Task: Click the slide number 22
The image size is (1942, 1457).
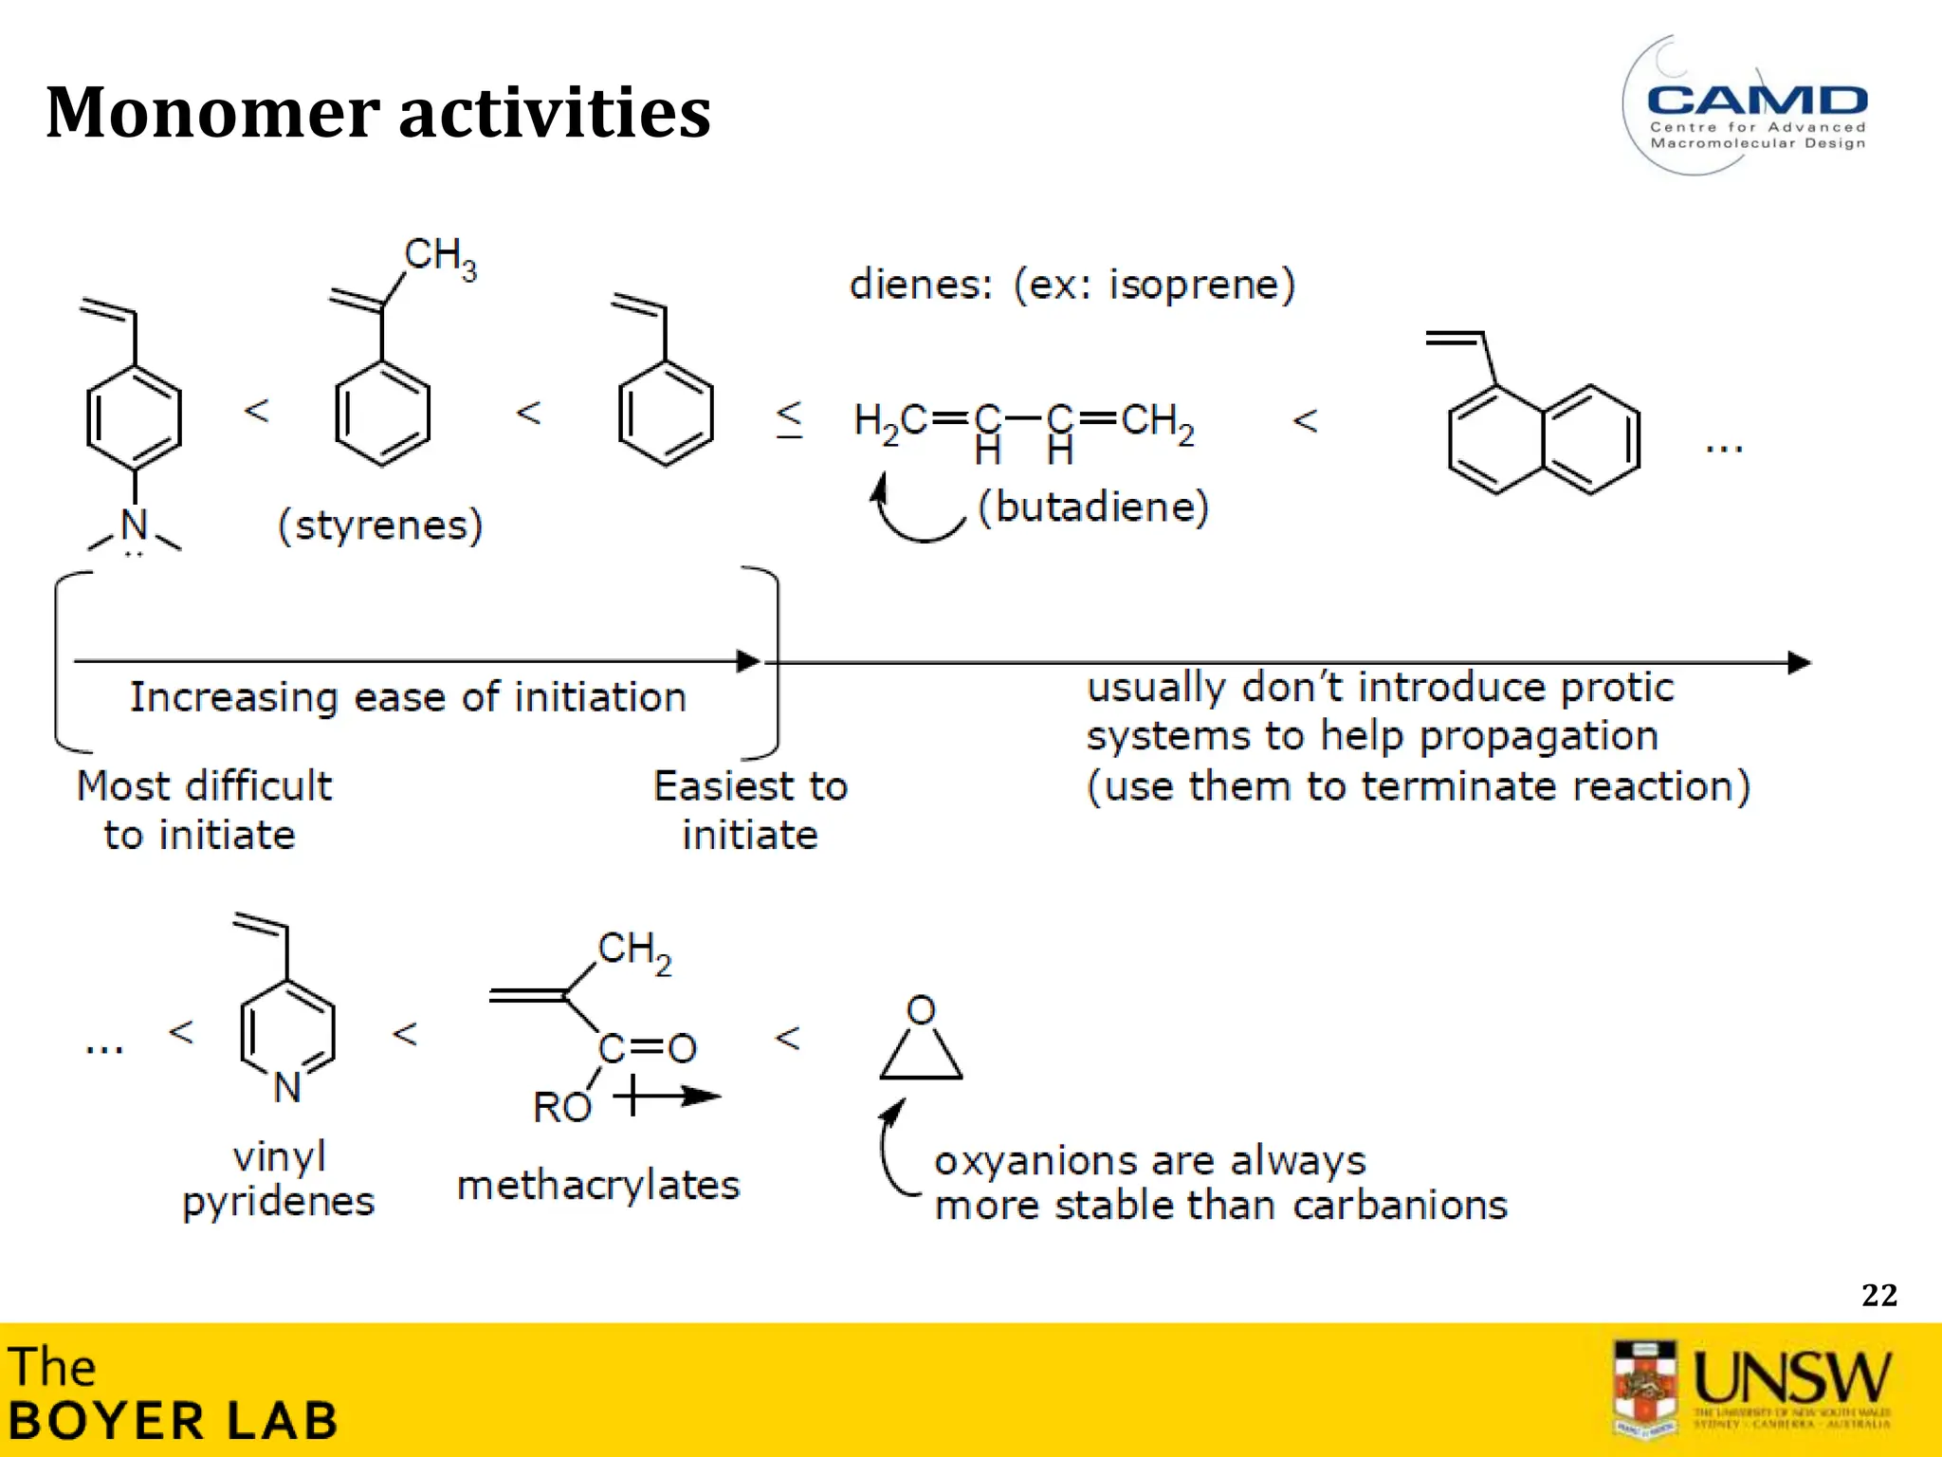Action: point(1878,1295)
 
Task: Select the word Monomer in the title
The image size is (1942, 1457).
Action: point(212,112)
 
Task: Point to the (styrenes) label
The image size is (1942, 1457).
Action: point(380,525)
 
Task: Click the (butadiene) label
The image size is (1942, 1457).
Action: point(1093,507)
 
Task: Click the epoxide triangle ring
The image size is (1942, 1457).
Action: point(921,1055)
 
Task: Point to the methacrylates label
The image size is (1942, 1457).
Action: point(597,1186)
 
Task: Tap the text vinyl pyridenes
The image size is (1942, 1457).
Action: point(279,1179)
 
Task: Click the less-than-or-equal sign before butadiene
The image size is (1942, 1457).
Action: point(789,418)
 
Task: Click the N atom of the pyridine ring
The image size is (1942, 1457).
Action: point(287,1087)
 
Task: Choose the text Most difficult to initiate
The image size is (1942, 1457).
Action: point(204,810)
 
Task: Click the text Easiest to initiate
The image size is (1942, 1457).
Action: point(750,810)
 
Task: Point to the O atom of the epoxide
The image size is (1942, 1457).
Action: point(921,1010)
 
